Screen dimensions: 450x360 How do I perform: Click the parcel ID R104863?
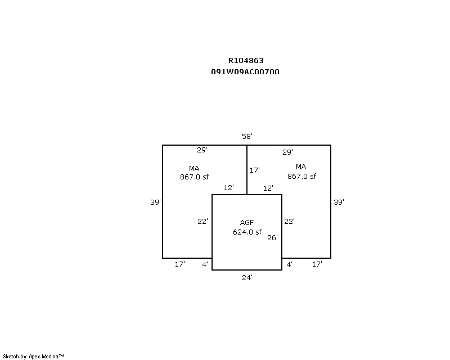pyautogui.click(x=246, y=60)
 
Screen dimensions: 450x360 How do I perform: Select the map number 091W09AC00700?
pyautogui.click(x=245, y=71)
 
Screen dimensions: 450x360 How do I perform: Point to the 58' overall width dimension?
pyautogui.click(x=247, y=136)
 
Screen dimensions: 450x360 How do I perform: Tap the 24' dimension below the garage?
pyautogui.click(x=247, y=277)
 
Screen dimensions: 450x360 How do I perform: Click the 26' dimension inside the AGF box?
pyautogui.click(x=272, y=237)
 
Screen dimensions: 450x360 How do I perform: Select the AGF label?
pyautogui.click(x=247, y=222)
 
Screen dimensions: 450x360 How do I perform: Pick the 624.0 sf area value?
pyautogui.click(x=247, y=232)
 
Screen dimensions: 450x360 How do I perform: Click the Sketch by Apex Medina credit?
pyautogui.click(x=33, y=356)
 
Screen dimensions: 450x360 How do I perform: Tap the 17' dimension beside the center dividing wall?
pyautogui.click(x=255, y=170)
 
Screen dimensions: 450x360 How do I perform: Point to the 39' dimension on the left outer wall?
pyautogui.click(x=156, y=202)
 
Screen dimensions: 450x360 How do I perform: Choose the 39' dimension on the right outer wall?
pyautogui.click(x=339, y=202)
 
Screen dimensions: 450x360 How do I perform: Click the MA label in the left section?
pyautogui.click(x=194, y=168)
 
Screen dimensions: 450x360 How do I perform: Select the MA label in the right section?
pyautogui.click(x=301, y=166)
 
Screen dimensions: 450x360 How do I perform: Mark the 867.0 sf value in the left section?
pyautogui.click(x=194, y=177)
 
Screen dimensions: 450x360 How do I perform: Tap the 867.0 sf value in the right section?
pyautogui.click(x=301, y=176)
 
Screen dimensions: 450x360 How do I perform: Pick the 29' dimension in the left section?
pyautogui.click(x=202, y=150)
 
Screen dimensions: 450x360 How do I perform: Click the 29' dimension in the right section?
pyautogui.click(x=287, y=152)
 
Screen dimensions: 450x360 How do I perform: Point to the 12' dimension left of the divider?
pyautogui.click(x=229, y=187)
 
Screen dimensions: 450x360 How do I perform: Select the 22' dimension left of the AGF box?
pyautogui.click(x=202, y=221)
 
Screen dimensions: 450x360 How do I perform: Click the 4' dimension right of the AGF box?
pyautogui.click(x=289, y=264)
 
